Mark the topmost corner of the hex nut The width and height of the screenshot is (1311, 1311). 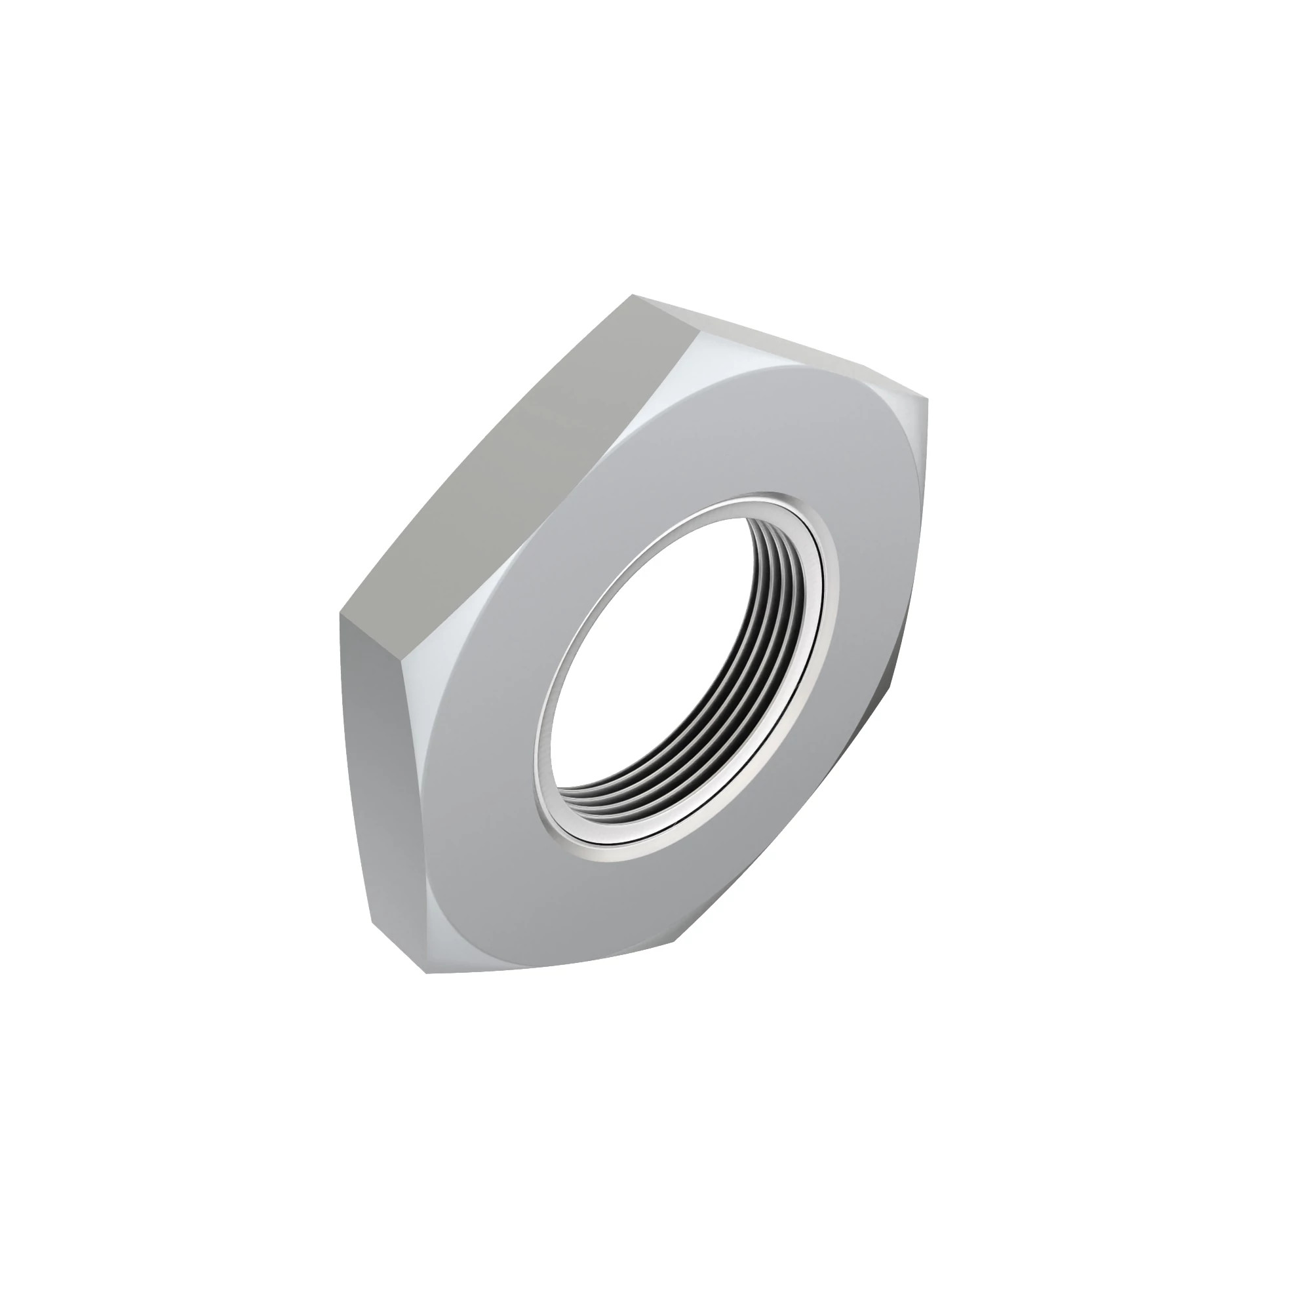(633, 296)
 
